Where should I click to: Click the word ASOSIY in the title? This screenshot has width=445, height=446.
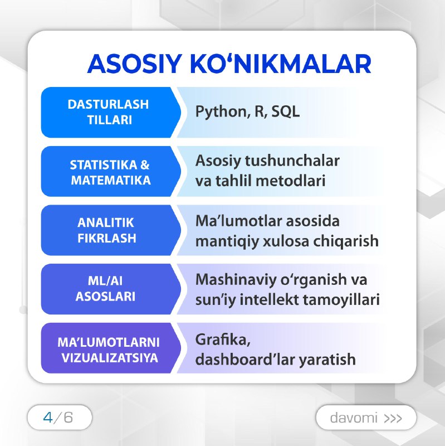click(x=134, y=64)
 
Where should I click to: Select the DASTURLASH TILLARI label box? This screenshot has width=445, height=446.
click(x=111, y=113)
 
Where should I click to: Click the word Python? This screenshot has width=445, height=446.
click(x=221, y=112)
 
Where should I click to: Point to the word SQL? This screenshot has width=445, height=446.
click(x=285, y=111)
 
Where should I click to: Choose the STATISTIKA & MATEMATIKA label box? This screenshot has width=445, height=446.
click(x=111, y=171)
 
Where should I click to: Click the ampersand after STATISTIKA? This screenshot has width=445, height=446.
click(x=145, y=165)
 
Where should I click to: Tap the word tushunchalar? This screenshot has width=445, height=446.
click(x=292, y=161)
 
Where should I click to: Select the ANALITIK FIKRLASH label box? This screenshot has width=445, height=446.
click(x=111, y=230)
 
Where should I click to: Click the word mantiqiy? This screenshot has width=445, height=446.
click(x=227, y=242)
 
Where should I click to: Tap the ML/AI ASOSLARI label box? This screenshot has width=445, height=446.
click(x=111, y=289)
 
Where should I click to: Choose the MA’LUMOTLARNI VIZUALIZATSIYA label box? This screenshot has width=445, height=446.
click(x=111, y=348)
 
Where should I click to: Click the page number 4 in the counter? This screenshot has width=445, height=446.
click(x=48, y=418)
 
